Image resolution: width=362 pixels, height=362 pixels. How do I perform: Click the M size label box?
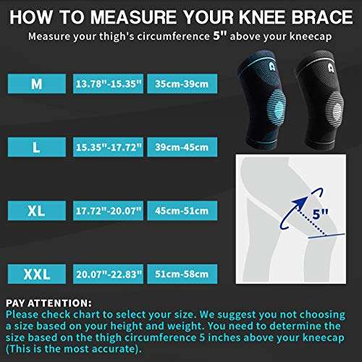[37, 84]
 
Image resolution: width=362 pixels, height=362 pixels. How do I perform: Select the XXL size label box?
[37, 274]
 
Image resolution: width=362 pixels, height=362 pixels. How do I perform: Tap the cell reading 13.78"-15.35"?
[108, 84]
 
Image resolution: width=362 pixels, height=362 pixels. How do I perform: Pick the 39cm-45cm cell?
[182, 147]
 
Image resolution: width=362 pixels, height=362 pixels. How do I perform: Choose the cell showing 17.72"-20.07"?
[108, 211]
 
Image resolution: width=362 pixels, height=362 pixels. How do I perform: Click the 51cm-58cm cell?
[182, 274]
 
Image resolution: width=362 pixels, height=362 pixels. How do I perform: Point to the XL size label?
[37, 211]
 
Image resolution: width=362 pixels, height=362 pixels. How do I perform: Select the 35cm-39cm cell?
[182, 84]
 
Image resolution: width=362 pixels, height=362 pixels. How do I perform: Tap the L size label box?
[37, 147]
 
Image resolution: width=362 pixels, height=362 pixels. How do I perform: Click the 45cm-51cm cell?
[182, 211]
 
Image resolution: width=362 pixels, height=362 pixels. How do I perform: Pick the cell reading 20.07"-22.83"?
[108, 274]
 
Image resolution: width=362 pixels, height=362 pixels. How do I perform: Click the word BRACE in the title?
[322, 17]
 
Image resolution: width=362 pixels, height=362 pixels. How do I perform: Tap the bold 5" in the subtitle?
[220, 35]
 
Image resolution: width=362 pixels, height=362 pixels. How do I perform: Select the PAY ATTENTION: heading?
[49, 303]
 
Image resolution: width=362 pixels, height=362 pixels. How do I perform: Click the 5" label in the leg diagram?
[320, 214]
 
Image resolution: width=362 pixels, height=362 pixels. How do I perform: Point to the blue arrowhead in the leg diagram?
[300, 202]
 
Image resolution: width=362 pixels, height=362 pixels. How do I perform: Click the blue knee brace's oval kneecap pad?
[277, 109]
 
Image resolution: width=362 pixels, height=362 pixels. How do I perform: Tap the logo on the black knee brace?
[331, 67]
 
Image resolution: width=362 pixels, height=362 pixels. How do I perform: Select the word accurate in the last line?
[113, 349]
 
